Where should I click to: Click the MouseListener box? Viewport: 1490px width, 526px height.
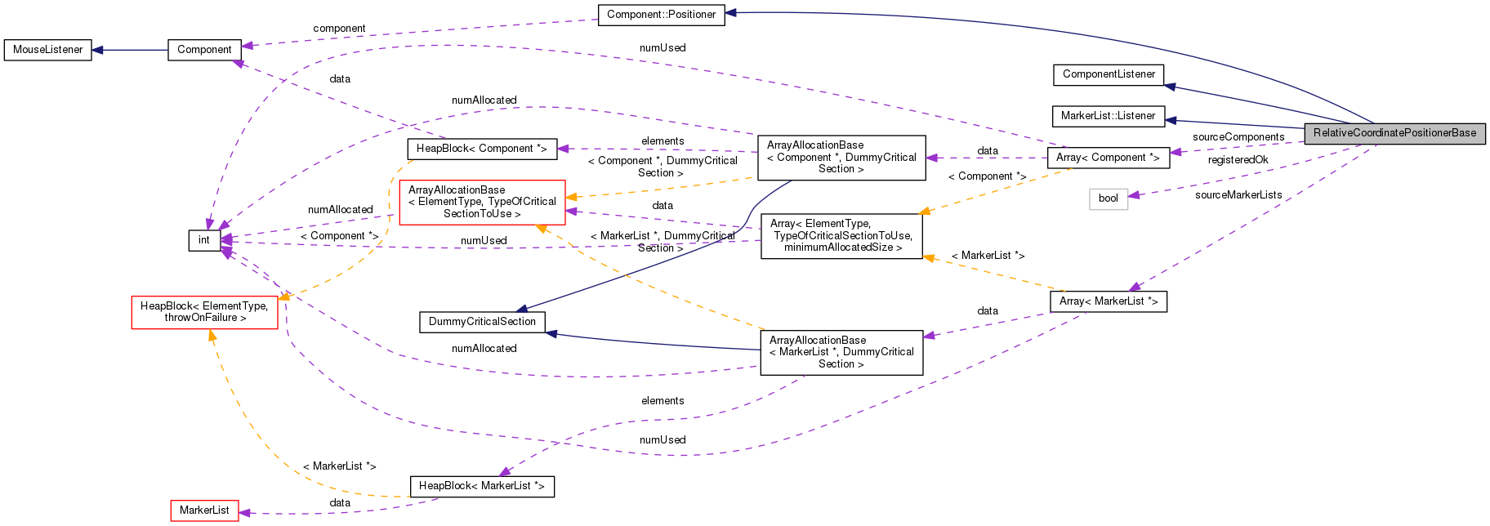pyautogui.click(x=47, y=50)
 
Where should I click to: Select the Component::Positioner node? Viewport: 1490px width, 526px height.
pyautogui.click(x=661, y=15)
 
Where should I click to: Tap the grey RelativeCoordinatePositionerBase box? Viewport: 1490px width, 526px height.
pyautogui.click(x=1394, y=133)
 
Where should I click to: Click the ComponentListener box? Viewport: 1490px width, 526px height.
pyautogui.click(x=1108, y=74)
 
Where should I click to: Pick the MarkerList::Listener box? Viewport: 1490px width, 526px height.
pyautogui.click(x=1108, y=116)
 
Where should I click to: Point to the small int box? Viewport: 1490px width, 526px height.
pyautogui.click(x=203, y=240)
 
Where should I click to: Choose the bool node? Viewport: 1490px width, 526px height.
pyautogui.click(x=1108, y=198)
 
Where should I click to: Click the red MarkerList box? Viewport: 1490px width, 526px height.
pyautogui.click(x=204, y=510)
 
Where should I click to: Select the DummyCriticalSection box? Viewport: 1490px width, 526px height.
pyautogui.click(x=482, y=322)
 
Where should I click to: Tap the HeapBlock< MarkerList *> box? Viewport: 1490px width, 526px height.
pyautogui.click(x=481, y=486)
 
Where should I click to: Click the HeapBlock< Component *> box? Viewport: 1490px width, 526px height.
pyautogui.click(x=481, y=149)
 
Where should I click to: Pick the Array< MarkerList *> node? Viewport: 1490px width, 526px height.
pyautogui.click(x=1108, y=301)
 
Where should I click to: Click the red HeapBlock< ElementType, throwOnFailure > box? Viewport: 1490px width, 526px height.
pyautogui.click(x=204, y=312)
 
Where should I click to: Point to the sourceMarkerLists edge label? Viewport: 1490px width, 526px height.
pyautogui.click(x=1238, y=195)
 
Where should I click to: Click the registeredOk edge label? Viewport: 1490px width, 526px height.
pyautogui.click(x=1238, y=160)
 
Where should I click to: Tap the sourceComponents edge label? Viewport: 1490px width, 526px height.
pyautogui.click(x=1238, y=137)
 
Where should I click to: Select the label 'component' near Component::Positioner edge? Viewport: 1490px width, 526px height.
pyautogui.click(x=339, y=29)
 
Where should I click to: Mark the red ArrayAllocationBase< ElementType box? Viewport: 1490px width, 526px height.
pyautogui.click(x=482, y=202)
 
